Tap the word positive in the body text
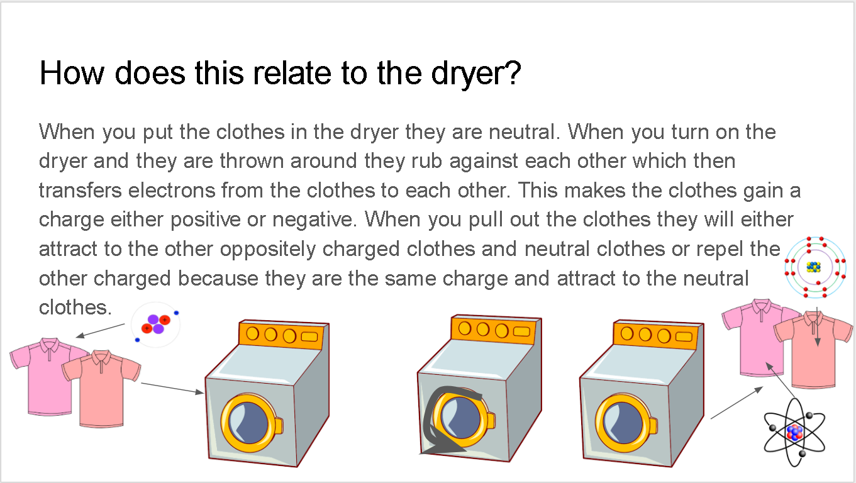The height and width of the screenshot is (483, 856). (x=205, y=220)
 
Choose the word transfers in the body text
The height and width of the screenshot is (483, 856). (x=80, y=191)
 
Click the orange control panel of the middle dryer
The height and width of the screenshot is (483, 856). (x=496, y=330)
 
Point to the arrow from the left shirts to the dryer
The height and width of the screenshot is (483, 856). (x=172, y=388)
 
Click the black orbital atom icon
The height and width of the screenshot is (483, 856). (x=794, y=432)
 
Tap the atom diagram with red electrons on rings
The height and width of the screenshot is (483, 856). (x=815, y=267)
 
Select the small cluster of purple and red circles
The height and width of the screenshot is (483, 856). (x=155, y=325)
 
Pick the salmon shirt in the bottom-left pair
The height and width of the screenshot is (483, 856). (x=101, y=388)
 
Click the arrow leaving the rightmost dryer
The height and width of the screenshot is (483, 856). (x=736, y=402)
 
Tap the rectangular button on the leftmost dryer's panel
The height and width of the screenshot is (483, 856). (x=309, y=336)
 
